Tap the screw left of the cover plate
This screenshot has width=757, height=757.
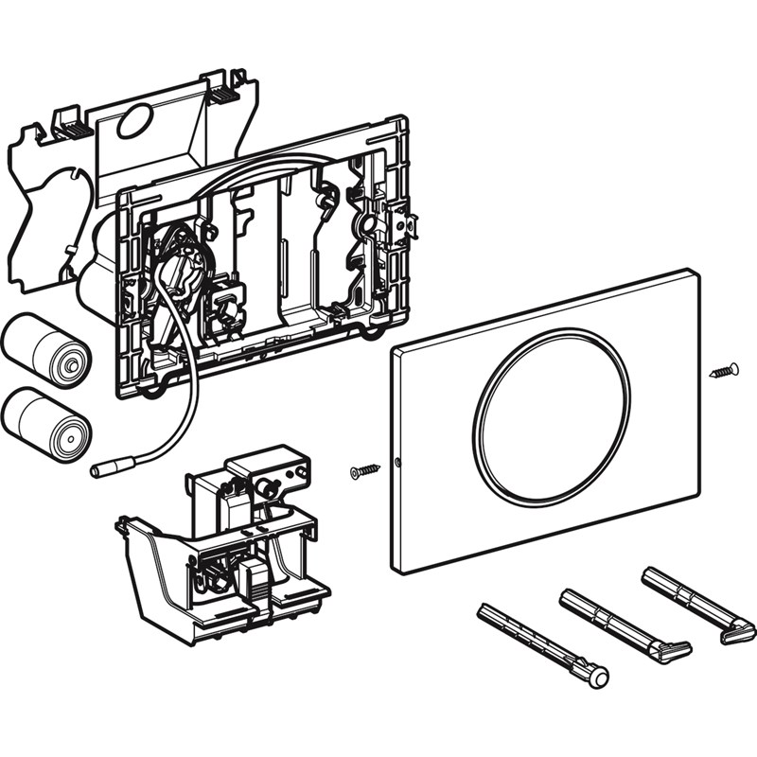pos(363,470)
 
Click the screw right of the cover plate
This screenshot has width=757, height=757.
pos(724,370)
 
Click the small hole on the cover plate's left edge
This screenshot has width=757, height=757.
pos(398,464)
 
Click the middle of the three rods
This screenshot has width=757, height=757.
pos(624,625)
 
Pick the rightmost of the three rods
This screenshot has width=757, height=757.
pos(696,604)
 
